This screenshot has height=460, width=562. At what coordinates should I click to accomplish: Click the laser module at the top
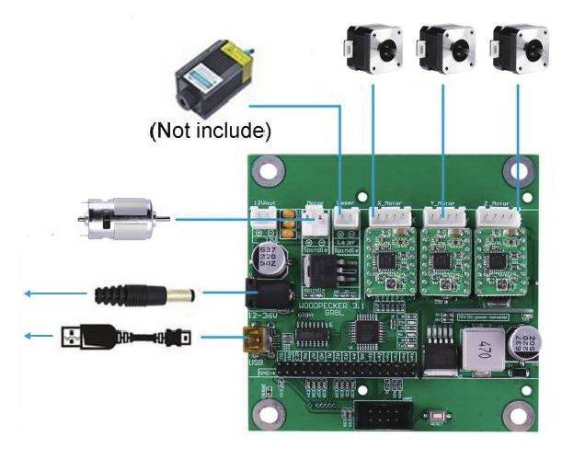pyautogui.click(x=213, y=79)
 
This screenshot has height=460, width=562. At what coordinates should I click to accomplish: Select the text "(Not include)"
pyautogui.click(x=211, y=132)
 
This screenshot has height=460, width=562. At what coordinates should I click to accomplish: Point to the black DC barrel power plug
pyautogui.click(x=147, y=294)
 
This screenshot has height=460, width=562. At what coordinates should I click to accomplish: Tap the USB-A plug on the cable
pyautogui.click(x=86, y=337)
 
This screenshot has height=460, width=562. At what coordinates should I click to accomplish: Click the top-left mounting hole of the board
pyautogui.click(x=269, y=168)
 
